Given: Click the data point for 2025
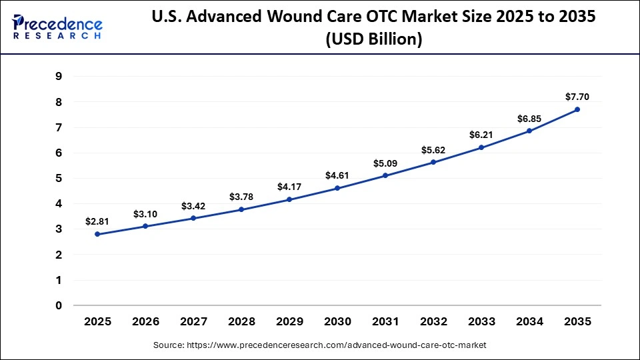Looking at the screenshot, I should [x=97, y=234].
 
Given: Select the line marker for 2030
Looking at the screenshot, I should [x=337, y=188].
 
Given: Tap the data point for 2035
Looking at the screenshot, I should [x=577, y=109].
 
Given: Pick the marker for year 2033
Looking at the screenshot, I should [x=481, y=147].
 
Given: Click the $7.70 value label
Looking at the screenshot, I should [x=577, y=97].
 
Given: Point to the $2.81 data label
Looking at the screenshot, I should [x=97, y=221].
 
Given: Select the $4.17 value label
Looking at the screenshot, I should [x=289, y=187].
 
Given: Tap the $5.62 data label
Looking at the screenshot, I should [x=433, y=150].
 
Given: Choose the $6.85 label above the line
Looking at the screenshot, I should [x=529, y=118].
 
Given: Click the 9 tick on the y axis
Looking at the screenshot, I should [x=59, y=77].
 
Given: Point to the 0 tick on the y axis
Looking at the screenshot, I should [x=59, y=306].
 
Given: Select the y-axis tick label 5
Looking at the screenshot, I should [x=59, y=179].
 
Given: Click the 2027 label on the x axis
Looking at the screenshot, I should [x=193, y=322].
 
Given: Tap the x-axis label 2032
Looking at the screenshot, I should [x=433, y=322].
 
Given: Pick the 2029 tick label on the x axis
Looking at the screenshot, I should [x=289, y=322].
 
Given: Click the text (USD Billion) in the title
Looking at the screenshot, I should [x=373, y=39].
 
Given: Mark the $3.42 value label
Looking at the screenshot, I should [x=193, y=206].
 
